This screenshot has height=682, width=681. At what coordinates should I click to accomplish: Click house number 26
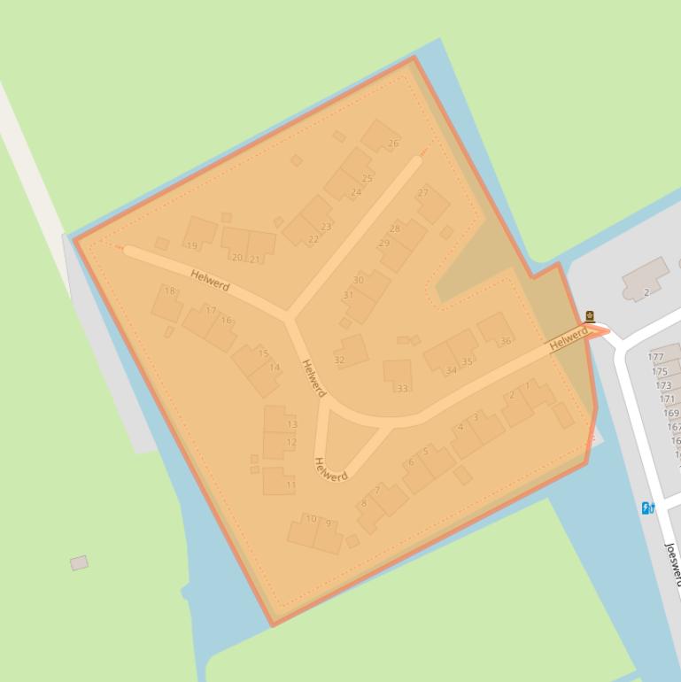pos(382,136)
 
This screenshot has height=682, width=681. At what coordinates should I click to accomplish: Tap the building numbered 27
pos(432,203)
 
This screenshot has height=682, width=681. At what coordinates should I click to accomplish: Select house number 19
pos(199,234)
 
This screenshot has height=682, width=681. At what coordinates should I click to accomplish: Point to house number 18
pos(166,303)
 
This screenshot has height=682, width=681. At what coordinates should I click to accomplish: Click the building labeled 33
pos(398,374)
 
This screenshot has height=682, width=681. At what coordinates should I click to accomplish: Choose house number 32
pos(351,351)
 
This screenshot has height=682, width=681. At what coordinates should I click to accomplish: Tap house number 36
pos(495,330)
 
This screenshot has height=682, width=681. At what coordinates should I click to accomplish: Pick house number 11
pos(278,481)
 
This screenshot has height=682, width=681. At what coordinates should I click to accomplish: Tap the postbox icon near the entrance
pos(591,316)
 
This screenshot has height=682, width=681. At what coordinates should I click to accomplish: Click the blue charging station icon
pos(647,508)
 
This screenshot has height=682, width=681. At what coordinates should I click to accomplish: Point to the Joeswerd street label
pos(672,562)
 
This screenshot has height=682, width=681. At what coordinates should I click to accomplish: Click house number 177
pos(656,357)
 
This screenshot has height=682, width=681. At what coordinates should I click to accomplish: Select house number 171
pos(667,399)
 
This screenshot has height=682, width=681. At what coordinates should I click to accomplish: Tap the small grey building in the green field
pos(79,562)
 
